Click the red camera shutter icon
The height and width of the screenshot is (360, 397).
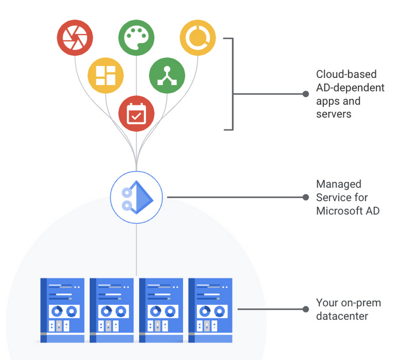pyautogui.click(x=75, y=38)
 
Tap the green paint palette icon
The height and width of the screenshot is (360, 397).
pyautogui.click(x=136, y=38)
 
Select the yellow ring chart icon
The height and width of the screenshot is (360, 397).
pyautogui.click(x=198, y=38)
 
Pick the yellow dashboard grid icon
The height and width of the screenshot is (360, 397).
pyautogui.click(x=106, y=75)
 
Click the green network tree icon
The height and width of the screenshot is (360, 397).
pyautogui.click(x=167, y=75)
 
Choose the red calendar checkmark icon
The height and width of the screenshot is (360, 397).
pyautogui.click(x=136, y=114)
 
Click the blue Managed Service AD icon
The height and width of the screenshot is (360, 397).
pyautogui.click(x=136, y=197)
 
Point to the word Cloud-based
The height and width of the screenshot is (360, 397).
pyautogui.click(x=346, y=74)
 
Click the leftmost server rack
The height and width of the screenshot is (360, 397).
pyautogui.click(x=62, y=310)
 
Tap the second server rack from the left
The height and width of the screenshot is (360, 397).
pyautogui.click(x=112, y=310)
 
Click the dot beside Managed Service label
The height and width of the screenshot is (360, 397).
pyautogui.click(x=306, y=197)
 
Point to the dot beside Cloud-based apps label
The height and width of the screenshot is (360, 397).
pyautogui.click(x=306, y=94)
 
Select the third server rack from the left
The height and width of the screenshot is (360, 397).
pyautogui.click(x=161, y=310)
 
